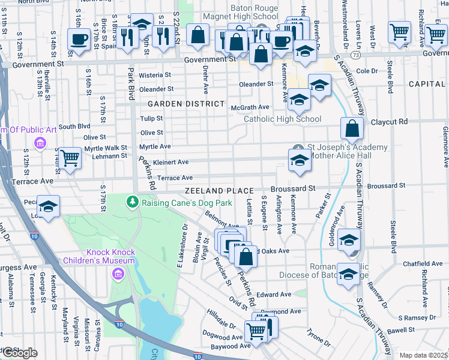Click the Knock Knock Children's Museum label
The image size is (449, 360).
tap(111, 256)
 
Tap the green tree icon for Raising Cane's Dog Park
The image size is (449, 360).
tap(132, 203)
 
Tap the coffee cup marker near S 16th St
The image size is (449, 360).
tap(78, 40)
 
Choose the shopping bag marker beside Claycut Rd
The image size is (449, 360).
tap(352, 127)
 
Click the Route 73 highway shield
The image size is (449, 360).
tap(356, 55)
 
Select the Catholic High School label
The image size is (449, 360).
tap(282, 119)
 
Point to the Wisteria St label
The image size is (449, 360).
tap(155, 75)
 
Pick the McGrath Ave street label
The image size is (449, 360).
tap(250, 107)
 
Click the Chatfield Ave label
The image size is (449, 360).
tap(423, 263)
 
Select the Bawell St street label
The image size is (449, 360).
tap(401, 330)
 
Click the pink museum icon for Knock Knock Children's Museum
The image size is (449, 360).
tap(117, 274)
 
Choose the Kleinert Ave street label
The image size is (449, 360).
tap(170, 162)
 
